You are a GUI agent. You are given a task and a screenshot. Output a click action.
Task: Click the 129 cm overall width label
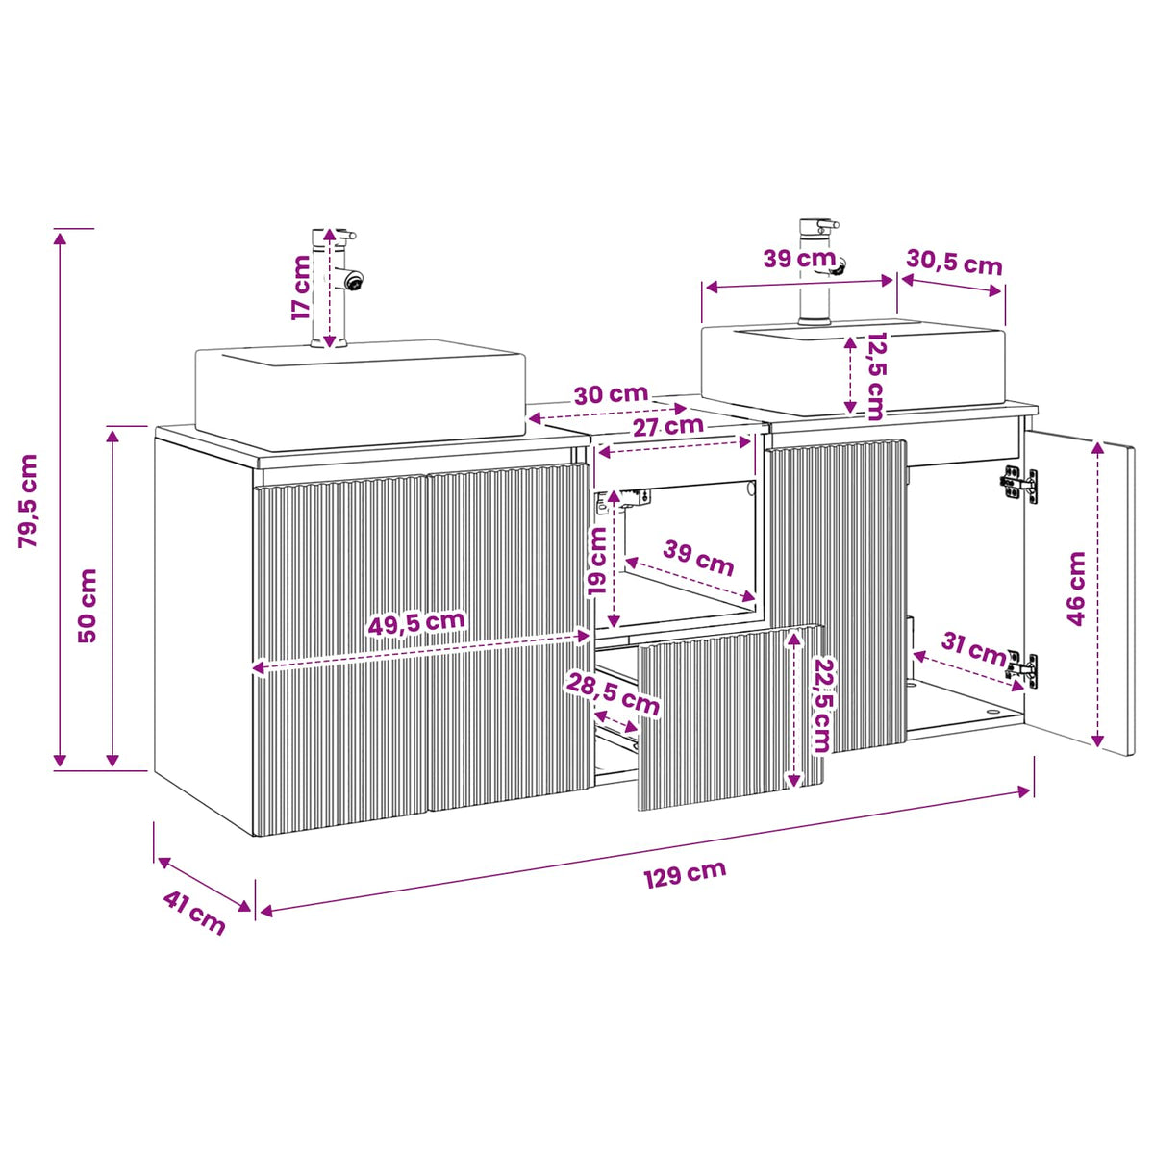(x=685, y=874)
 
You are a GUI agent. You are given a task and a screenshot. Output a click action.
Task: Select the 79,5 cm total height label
(x=28, y=501)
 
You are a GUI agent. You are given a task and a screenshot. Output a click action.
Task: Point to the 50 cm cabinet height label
(x=88, y=606)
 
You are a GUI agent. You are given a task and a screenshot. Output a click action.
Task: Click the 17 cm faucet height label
(x=301, y=288)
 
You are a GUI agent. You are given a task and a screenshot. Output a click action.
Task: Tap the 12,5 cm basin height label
(x=875, y=376)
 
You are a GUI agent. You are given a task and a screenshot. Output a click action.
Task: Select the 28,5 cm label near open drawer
(x=613, y=693)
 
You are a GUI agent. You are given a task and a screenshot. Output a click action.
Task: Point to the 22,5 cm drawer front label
(x=821, y=706)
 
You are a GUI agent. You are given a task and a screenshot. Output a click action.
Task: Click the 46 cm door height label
(x=1076, y=589)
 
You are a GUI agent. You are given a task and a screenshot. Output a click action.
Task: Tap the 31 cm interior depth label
(x=974, y=649)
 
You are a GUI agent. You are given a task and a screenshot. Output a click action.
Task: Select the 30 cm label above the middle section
(x=611, y=394)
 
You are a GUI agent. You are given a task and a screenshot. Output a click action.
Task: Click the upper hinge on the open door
(x=1018, y=484)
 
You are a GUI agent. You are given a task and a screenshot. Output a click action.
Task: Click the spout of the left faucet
(x=352, y=279)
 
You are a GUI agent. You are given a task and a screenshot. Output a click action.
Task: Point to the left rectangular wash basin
(x=360, y=394)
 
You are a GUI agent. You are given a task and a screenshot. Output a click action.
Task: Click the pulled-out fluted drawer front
(x=730, y=717)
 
